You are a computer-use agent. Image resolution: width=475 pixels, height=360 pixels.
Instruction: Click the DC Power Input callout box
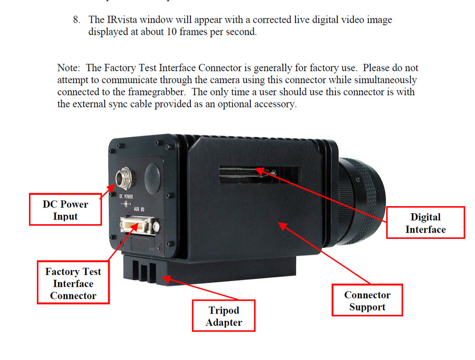click(66, 209)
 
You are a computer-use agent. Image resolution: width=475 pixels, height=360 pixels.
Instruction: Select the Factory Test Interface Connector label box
click(73, 284)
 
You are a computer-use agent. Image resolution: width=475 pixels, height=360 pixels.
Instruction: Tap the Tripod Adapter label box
click(224, 316)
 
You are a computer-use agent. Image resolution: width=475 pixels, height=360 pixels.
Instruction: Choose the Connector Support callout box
click(367, 301)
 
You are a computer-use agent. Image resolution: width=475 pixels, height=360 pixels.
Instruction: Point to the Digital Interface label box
click(425, 223)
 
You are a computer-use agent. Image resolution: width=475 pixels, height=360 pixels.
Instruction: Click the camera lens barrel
click(362, 199)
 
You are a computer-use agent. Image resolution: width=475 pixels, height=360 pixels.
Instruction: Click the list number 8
click(76, 20)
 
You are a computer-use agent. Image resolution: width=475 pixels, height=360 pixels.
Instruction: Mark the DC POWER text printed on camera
click(125, 196)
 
